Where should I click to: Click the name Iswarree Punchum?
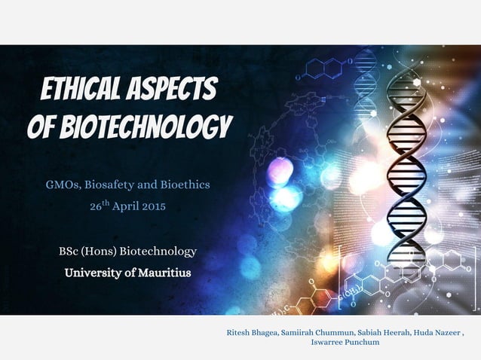pos(345,342)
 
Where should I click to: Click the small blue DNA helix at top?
pos(365,75)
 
